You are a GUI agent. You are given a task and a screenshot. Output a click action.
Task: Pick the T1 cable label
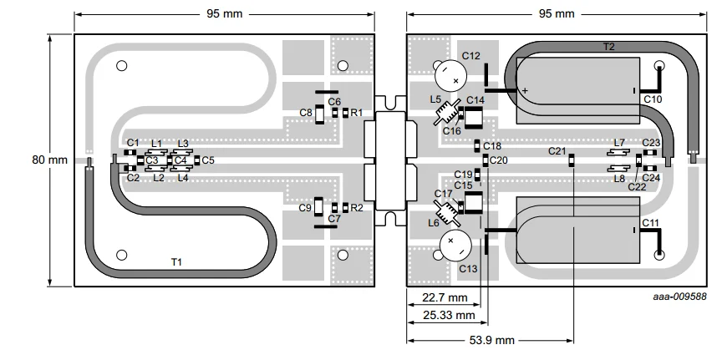(x=176, y=262)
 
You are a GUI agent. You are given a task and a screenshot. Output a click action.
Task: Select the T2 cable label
(x=608, y=48)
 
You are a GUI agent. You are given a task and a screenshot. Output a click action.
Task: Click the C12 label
(x=470, y=56)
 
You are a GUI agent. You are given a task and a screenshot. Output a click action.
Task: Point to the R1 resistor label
(x=357, y=112)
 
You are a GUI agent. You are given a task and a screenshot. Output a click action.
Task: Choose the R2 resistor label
(x=357, y=207)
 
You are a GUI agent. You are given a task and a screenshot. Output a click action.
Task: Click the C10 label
(x=653, y=99)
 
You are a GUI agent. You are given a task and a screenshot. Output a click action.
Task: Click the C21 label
(x=557, y=151)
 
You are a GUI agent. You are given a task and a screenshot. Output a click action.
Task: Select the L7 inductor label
(x=619, y=143)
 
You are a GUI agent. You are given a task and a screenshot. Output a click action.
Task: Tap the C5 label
(x=208, y=160)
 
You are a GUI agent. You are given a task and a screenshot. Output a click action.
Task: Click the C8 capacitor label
(x=306, y=112)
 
